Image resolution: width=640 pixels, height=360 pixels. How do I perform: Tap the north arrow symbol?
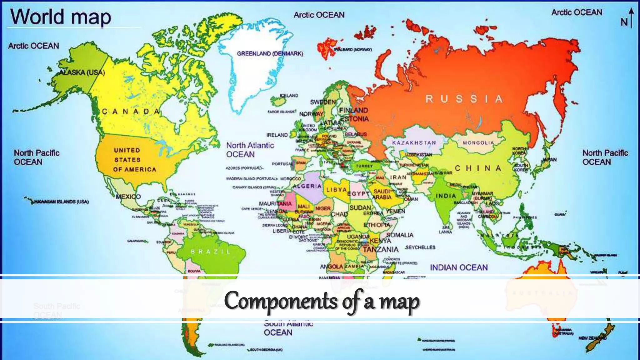click(631, 18)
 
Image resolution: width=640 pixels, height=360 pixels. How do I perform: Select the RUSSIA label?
click(464, 99)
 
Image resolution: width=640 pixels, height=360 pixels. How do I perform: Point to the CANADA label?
click(131, 112)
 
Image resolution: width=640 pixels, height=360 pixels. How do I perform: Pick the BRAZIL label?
click(211, 252)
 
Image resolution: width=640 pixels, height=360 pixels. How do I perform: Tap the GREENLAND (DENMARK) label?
click(270, 54)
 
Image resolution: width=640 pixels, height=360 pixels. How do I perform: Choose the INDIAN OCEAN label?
click(458, 267)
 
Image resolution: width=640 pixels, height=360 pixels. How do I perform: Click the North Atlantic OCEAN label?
click(250, 150)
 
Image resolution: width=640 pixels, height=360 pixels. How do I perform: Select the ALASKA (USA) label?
click(82, 72)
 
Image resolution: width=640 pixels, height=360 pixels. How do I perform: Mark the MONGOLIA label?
click(478, 143)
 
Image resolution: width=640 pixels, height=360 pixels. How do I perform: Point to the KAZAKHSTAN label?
click(414, 143)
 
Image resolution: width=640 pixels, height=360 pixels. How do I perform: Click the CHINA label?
click(478, 168)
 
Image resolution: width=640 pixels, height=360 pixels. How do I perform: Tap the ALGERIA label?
click(307, 186)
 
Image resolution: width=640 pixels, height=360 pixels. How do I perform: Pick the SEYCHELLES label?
click(420, 247)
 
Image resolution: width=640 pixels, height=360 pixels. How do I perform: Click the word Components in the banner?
click(280, 301)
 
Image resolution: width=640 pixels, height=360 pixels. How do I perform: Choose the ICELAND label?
click(289, 96)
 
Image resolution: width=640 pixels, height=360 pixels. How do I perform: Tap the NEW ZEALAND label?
click(592, 338)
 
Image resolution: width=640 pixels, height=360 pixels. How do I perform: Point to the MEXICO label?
click(128, 197)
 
